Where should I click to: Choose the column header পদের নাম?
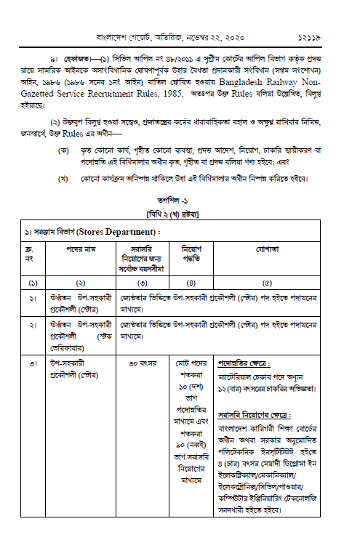point(81,249)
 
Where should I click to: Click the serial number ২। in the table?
point(33,324)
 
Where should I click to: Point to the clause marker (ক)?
point(64,150)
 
